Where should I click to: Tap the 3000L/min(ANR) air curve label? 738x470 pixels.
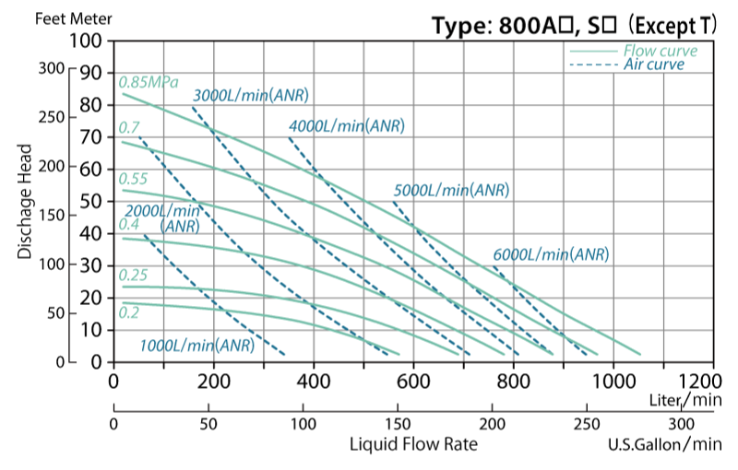tap(250, 96)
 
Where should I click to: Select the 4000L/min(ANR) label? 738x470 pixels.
tap(346, 126)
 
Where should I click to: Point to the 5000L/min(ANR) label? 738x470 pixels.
tap(451, 191)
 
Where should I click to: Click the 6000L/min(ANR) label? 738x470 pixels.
tap(551, 254)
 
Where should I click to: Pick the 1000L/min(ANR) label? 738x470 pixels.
tap(196, 346)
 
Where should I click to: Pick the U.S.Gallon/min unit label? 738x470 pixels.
tap(664, 444)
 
